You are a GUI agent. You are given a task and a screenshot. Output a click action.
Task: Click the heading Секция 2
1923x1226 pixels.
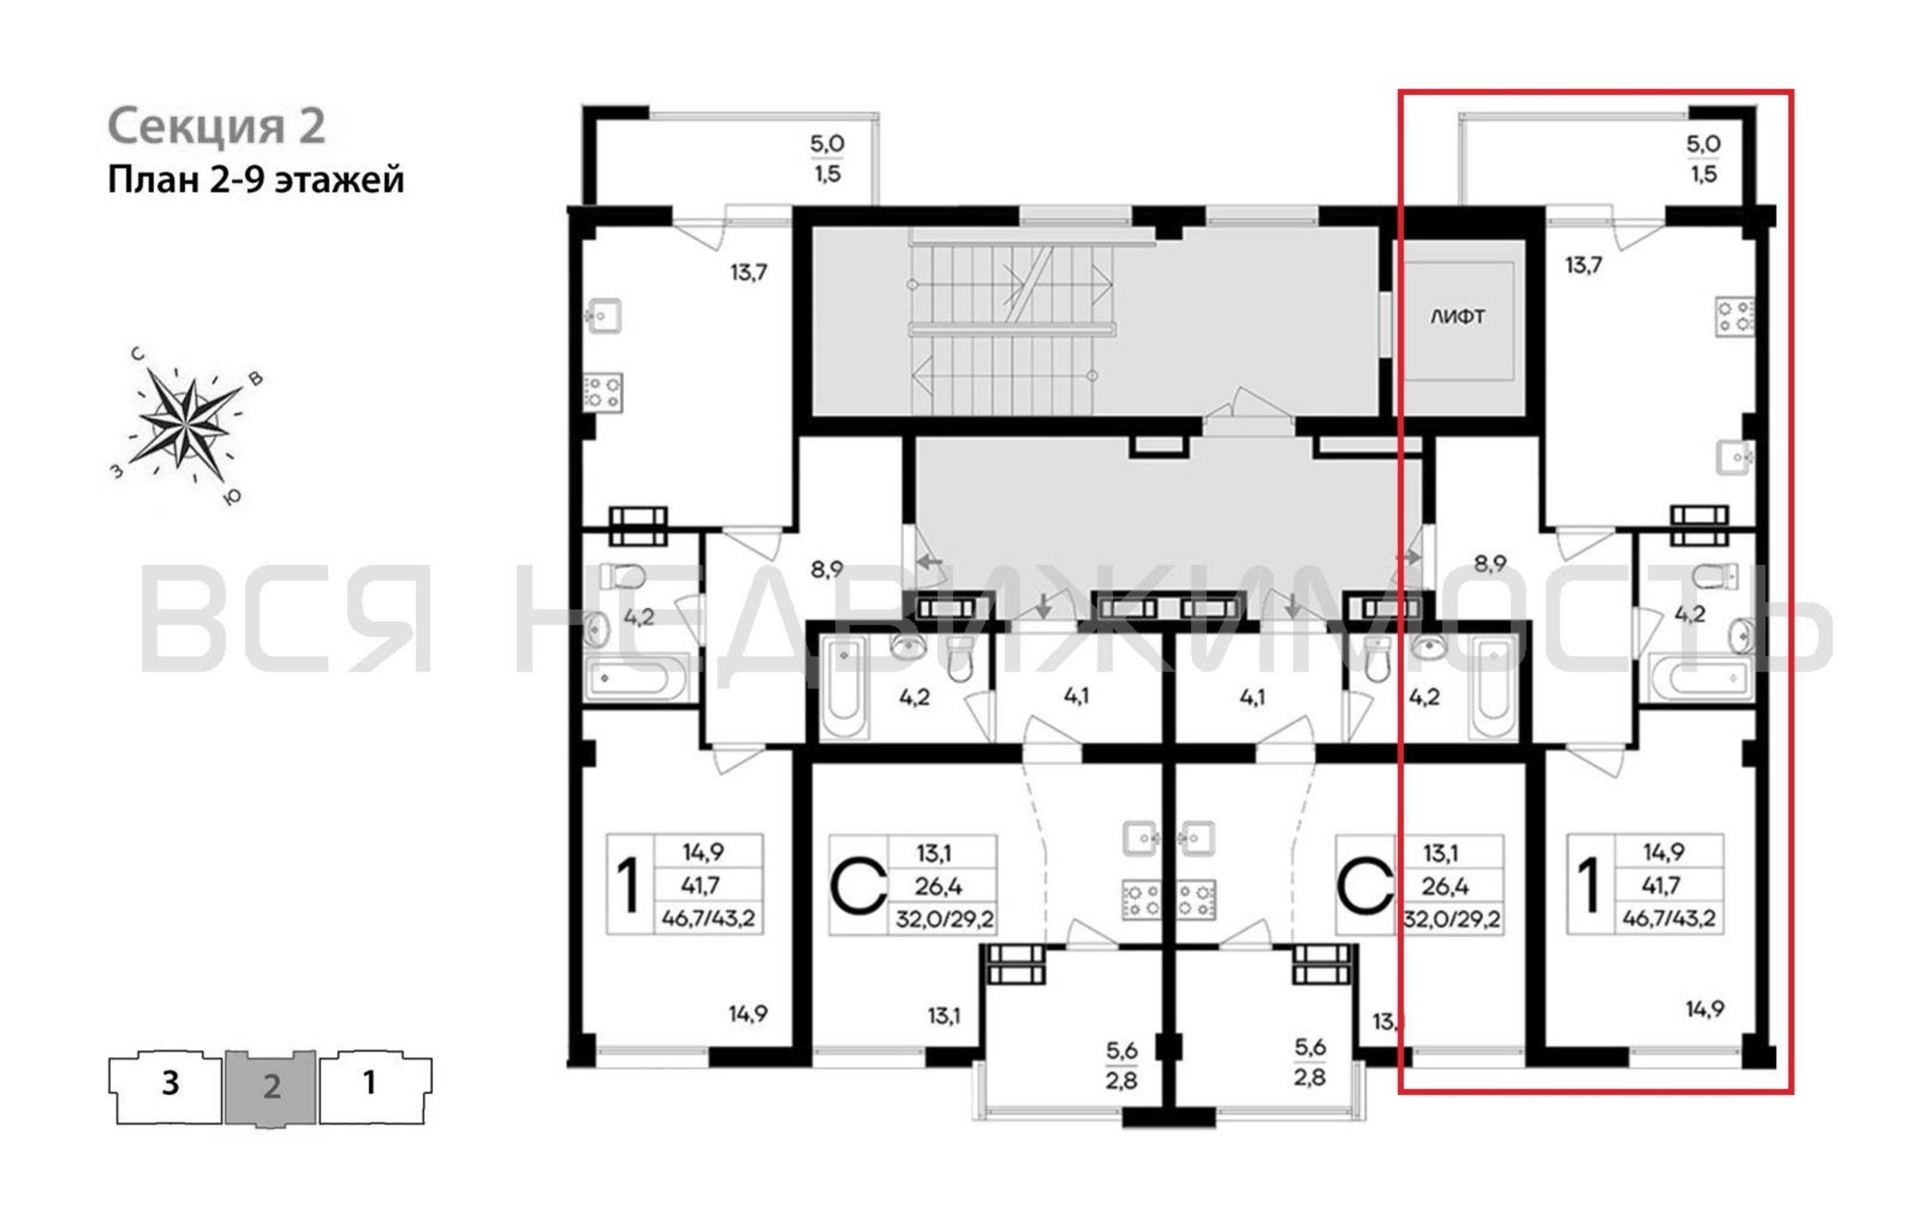(x=216, y=126)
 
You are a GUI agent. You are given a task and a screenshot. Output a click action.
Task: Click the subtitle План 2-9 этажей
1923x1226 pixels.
(x=256, y=180)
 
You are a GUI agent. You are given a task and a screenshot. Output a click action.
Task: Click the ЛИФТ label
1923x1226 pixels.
(x=1458, y=317)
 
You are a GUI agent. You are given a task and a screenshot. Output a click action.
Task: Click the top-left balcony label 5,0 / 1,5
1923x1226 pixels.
(x=828, y=158)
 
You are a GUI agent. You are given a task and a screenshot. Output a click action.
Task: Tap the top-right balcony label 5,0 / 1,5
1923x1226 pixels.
(x=1704, y=158)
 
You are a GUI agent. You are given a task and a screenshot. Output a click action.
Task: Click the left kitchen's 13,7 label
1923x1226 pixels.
(x=748, y=272)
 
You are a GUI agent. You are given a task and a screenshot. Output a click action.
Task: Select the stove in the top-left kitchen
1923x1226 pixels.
(x=603, y=392)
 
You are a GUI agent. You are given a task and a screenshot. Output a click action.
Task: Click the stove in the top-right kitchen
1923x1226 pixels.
(x=1735, y=316)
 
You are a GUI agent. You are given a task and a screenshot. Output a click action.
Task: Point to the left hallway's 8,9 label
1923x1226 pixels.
(x=826, y=569)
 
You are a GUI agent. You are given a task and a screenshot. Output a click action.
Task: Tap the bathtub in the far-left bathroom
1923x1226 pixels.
(x=636, y=677)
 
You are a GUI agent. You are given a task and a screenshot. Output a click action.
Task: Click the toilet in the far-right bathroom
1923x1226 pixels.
(x=1715, y=575)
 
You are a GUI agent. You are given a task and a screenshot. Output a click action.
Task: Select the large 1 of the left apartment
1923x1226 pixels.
(x=630, y=884)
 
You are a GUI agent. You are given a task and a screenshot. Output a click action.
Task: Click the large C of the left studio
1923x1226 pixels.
(x=858, y=886)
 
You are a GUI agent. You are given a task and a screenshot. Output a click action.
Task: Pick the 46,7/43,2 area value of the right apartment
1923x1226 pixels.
(x=1668, y=918)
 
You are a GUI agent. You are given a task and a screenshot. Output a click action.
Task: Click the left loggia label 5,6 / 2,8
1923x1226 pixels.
(x=1121, y=1065)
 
